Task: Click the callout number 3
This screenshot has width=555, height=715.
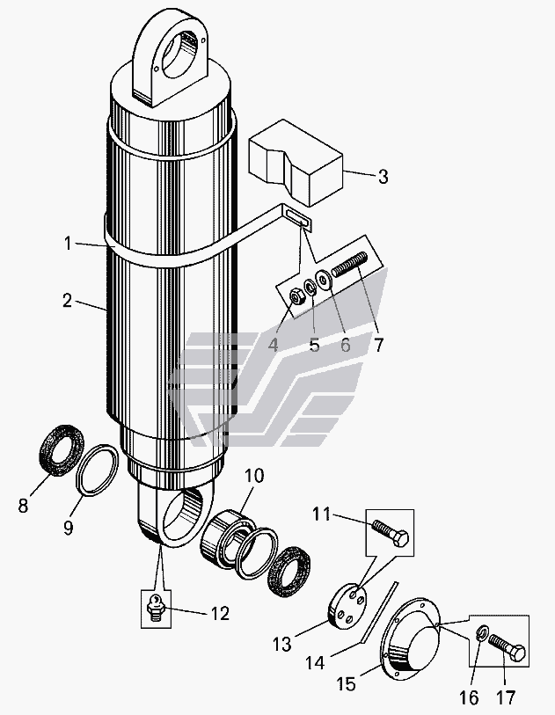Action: [383, 177]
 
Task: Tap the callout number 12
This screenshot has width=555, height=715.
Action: [220, 614]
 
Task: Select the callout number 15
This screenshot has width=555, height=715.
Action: [346, 684]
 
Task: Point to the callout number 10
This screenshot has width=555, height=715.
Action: [254, 476]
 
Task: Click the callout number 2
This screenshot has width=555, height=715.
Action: [67, 301]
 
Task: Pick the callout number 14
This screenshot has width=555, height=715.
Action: [315, 662]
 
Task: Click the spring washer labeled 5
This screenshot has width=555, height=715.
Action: [311, 288]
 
